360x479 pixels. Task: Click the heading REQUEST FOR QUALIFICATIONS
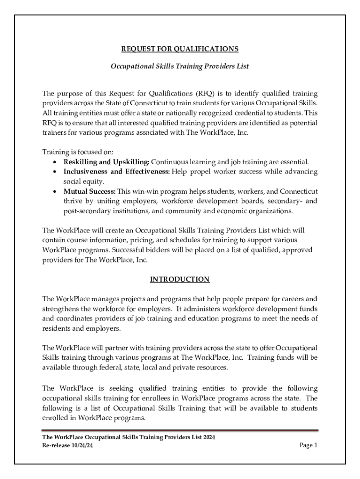[180, 49]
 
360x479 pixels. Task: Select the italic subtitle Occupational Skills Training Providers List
[180, 66]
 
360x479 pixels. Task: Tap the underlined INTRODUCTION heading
[180, 279]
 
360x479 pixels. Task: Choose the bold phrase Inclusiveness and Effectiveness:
[117, 172]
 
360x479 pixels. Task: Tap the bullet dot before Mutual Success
[56, 192]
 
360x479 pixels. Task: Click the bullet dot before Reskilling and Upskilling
[56, 162]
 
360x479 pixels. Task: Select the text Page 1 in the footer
[308, 445]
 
